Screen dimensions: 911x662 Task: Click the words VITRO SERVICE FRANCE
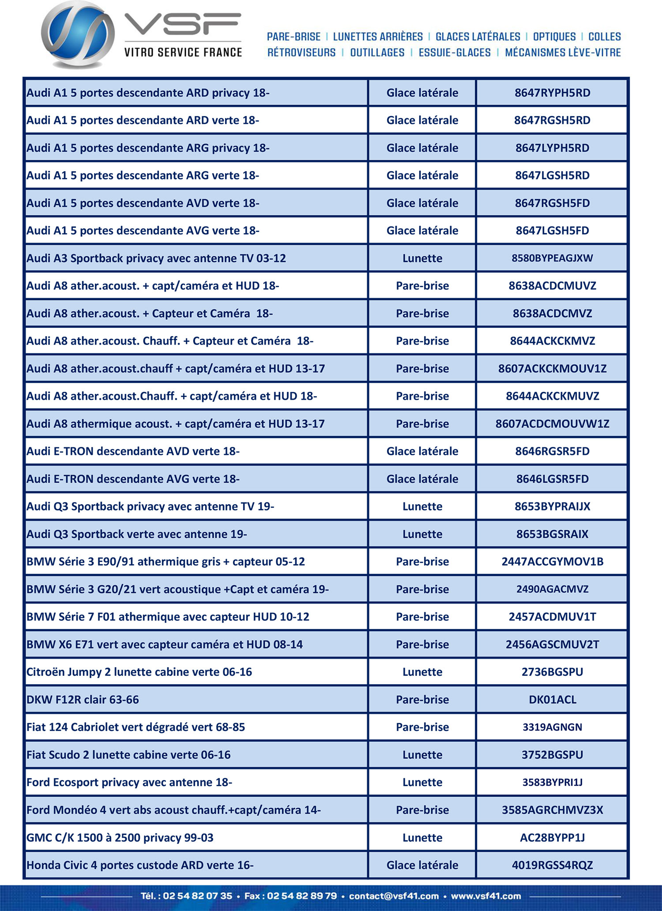(x=183, y=52)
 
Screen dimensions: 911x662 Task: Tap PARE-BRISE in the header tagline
(x=293, y=37)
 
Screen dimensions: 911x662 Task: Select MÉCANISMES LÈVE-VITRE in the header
(x=563, y=52)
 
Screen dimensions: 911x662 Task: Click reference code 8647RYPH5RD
(x=552, y=93)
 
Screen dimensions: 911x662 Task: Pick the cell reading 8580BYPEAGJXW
(x=552, y=258)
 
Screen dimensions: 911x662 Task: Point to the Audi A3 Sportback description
(x=156, y=258)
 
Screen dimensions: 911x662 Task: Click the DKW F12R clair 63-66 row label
(x=83, y=700)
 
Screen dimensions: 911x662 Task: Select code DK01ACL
(x=552, y=700)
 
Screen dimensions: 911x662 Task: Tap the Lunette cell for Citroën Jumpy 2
(x=422, y=672)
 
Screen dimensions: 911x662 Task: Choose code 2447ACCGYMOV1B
(x=552, y=562)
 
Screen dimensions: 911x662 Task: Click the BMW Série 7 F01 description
(x=168, y=617)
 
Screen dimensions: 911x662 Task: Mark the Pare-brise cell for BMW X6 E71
(x=422, y=645)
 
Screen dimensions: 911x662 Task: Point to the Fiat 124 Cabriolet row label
(x=135, y=727)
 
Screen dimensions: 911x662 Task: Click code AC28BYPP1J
(x=552, y=837)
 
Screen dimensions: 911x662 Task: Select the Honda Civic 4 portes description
(x=140, y=865)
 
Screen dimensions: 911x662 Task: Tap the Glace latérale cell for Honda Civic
(x=422, y=865)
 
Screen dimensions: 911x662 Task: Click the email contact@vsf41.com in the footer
(x=394, y=896)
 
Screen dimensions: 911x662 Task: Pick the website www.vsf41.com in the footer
(x=485, y=896)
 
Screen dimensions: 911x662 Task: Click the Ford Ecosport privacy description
(x=129, y=782)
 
